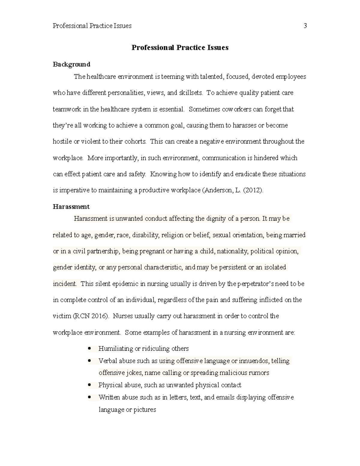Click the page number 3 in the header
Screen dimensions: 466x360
(x=305, y=26)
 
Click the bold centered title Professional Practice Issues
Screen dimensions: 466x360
(x=180, y=48)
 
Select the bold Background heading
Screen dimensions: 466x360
(x=71, y=64)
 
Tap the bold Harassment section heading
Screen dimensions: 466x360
(x=71, y=206)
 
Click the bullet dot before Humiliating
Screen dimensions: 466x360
(x=89, y=349)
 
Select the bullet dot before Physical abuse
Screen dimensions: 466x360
(x=89, y=385)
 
